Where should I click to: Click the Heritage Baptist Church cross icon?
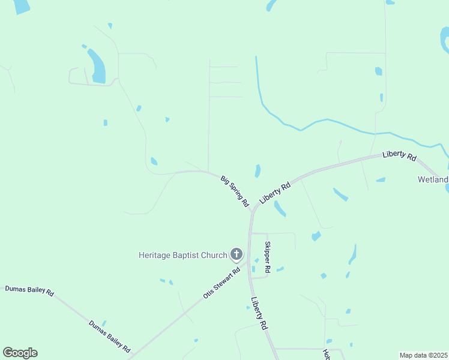[237, 255]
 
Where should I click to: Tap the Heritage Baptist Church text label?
[183, 255]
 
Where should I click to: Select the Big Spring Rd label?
[235, 191]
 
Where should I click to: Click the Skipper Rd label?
[268, 257]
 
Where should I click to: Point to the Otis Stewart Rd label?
[221, 283]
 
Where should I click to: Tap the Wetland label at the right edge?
[433, 180]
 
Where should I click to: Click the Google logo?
[20, 353]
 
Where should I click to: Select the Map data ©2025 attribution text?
[424, 355]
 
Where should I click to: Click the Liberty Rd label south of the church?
[259, 314]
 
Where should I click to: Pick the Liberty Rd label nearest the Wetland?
[399, 156]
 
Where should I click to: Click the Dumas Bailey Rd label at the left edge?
[29, 291]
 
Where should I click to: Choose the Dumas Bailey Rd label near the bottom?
[110, 335]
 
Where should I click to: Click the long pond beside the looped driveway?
[97, 66]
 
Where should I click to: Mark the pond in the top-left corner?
[21, 6]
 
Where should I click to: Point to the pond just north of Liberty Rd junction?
[258, 171]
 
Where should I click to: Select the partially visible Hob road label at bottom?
[327, 355]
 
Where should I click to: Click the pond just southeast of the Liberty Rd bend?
[280, 208]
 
